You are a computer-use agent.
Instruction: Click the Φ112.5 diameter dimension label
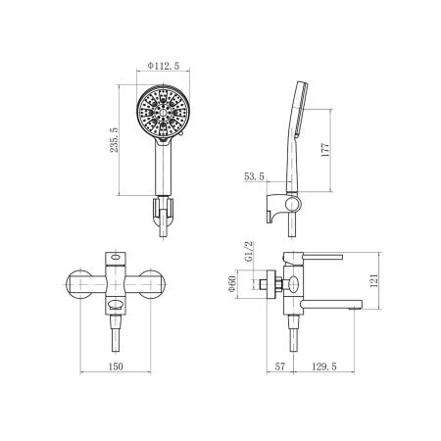164,66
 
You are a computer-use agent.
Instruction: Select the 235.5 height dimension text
114,140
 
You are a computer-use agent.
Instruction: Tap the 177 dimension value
325,150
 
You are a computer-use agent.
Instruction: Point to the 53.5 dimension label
254,176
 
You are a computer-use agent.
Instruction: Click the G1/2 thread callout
249,252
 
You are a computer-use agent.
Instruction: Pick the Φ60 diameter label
232,284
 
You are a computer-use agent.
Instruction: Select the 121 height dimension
374,280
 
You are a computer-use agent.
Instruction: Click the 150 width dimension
116,367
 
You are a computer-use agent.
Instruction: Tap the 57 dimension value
280,367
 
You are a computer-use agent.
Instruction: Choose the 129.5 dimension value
324,367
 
